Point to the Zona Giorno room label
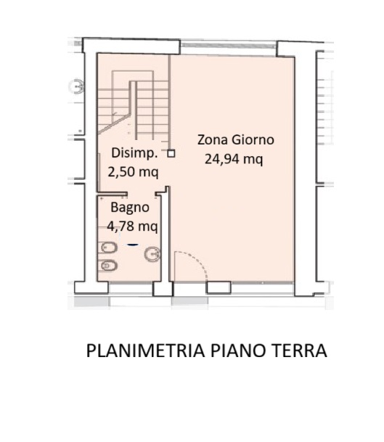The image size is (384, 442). pos(236,140)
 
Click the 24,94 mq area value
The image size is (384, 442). pos(234,159)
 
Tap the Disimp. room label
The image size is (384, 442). pos(134,153)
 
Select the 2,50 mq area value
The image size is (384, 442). pos(134,172)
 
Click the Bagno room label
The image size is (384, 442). pos(130,207)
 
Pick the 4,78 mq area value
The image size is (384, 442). pos(134,226)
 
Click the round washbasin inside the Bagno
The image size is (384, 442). pos(153,254)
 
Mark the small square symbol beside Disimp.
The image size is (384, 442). pos(171,153)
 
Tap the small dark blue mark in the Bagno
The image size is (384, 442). pos(132,244)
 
